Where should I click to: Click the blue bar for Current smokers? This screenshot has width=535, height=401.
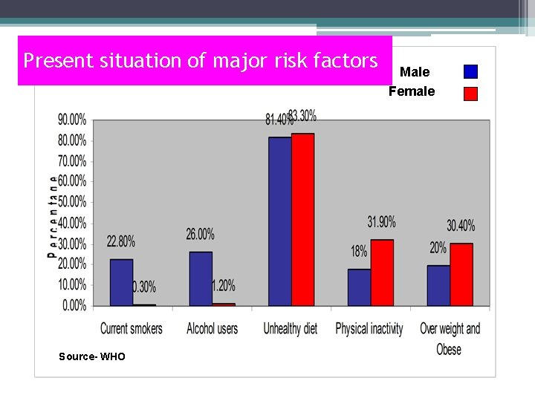tap(121, 282)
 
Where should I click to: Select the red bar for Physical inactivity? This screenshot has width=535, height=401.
tap(382, 273)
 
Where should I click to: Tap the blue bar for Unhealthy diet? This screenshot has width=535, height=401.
tap(279, 221)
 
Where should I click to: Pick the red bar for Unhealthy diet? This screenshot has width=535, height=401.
tap(302, 220)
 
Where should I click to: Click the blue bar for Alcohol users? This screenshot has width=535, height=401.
tap(201, 278)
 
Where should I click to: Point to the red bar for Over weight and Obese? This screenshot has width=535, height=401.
tap(461, 274)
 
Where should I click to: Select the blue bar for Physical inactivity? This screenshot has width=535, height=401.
tap(359, 287)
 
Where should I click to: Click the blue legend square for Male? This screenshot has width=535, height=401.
tap(470, 72)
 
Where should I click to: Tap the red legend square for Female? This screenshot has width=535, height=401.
tap(470, 94)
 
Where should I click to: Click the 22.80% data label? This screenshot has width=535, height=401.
tap(121, 241)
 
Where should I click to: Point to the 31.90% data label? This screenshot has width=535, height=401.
tap(381, 221)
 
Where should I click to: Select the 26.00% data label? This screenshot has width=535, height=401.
tap(201, 234)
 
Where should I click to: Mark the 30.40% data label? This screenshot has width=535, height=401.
tap(461, 225)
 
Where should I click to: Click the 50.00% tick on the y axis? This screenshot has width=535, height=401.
tap(72, 202)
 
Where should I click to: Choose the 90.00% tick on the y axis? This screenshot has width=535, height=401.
tap(72, 119)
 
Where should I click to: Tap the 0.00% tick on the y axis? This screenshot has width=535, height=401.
tap(74, 306)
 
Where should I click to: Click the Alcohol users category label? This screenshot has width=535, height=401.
tap(212, 328)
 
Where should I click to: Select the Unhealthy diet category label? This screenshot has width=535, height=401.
tap(291, 328)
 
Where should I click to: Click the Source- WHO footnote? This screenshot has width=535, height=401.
tap(92, 357)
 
